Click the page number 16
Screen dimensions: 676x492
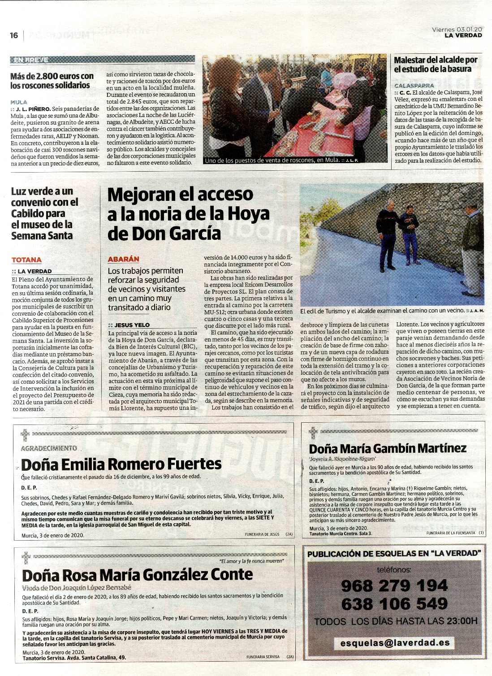(x=14, y=35)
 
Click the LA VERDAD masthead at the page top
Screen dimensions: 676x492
(x=463, y=35)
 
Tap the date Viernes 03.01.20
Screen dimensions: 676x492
(x=457, y=29)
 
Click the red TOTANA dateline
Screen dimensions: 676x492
(x=26, y=260)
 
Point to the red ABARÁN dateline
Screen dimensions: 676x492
(x=124, y=259)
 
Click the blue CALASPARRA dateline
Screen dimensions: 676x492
(x=414, y=85)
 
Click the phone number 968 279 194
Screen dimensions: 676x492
(x=394, y=585)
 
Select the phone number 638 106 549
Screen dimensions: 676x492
(x=394, y=603)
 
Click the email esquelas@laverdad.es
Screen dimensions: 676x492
(x=395, y=642)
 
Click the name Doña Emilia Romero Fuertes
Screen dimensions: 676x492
(x=121, y=464)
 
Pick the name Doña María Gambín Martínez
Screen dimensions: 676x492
(x=388, y=448)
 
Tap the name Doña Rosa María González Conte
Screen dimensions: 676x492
(x=138, y=574)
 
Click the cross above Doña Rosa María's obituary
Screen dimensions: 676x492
(x=26, y=557)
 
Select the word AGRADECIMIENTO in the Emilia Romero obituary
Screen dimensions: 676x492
(x=49, y=448)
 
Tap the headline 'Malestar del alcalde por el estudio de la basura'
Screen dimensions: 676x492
(x=436, y=64)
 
